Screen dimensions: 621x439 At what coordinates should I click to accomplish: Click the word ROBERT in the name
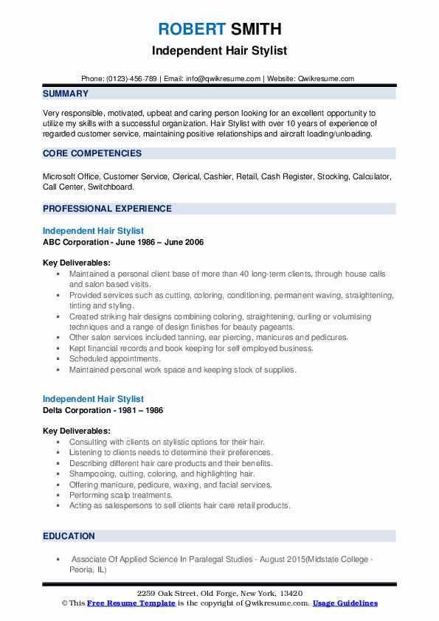(x=191, y=29)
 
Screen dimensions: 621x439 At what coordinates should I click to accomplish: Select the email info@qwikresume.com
(x=225, y=78)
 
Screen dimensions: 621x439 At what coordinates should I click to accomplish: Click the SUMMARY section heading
(x=66, y=94)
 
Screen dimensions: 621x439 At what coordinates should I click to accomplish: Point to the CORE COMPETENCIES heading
(x=92, y=153)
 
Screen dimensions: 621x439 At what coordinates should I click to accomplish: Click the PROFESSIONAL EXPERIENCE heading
(x=107, y=208)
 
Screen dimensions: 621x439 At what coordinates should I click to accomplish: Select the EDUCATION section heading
(x=69, y=536)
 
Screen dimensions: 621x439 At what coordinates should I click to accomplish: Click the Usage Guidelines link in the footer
(x=345, y=603)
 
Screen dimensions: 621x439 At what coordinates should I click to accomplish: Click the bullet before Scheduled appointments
(x=58, y=359)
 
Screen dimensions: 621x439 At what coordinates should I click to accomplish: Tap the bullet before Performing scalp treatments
(x=58, y=496)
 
